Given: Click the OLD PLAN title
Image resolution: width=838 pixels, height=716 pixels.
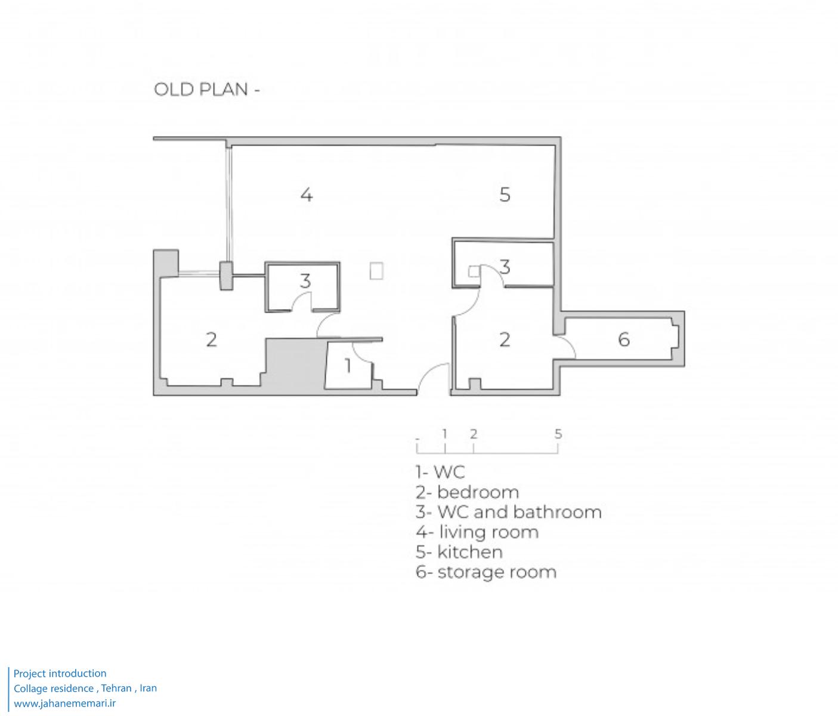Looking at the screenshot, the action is [x=206, y=89].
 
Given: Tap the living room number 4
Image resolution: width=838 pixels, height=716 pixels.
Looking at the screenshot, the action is [x=307, y=195].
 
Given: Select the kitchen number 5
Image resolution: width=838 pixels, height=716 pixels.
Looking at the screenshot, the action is [x=505, y=195].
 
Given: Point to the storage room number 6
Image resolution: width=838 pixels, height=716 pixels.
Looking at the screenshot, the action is [x=624, y=340].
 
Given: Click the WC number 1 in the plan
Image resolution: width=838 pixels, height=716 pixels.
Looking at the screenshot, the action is [x=348, y=366].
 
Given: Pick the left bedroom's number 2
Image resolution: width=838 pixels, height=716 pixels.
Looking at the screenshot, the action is [x=211, y=340].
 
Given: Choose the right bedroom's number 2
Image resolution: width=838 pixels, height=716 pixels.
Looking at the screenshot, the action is [x=505, y=340].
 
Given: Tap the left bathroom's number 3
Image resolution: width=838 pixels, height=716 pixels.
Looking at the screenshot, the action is [x=305, y=280].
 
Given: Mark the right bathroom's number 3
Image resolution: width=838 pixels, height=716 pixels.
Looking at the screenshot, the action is [x=505, y=267].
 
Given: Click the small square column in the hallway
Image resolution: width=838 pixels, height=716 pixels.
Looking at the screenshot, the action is [x=376, y=271].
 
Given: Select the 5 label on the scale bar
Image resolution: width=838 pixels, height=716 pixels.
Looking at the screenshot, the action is [x=558, y=434].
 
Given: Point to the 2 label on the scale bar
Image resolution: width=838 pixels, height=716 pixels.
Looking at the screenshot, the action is [x=474, y=434].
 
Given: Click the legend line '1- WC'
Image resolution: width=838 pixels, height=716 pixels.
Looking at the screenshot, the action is [x=440, y=472].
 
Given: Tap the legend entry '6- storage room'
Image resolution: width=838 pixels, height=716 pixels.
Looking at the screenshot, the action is [x=486, y=572].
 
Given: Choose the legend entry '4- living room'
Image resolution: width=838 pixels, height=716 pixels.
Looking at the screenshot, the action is [x=477, y=532].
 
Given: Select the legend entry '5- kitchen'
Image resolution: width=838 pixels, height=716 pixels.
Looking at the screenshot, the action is [x=459, y=552].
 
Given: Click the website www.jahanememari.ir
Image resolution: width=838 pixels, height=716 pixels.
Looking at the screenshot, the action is [x=65, y=703].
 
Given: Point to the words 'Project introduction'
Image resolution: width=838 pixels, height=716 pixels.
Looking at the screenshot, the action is [x=60, y=674].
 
